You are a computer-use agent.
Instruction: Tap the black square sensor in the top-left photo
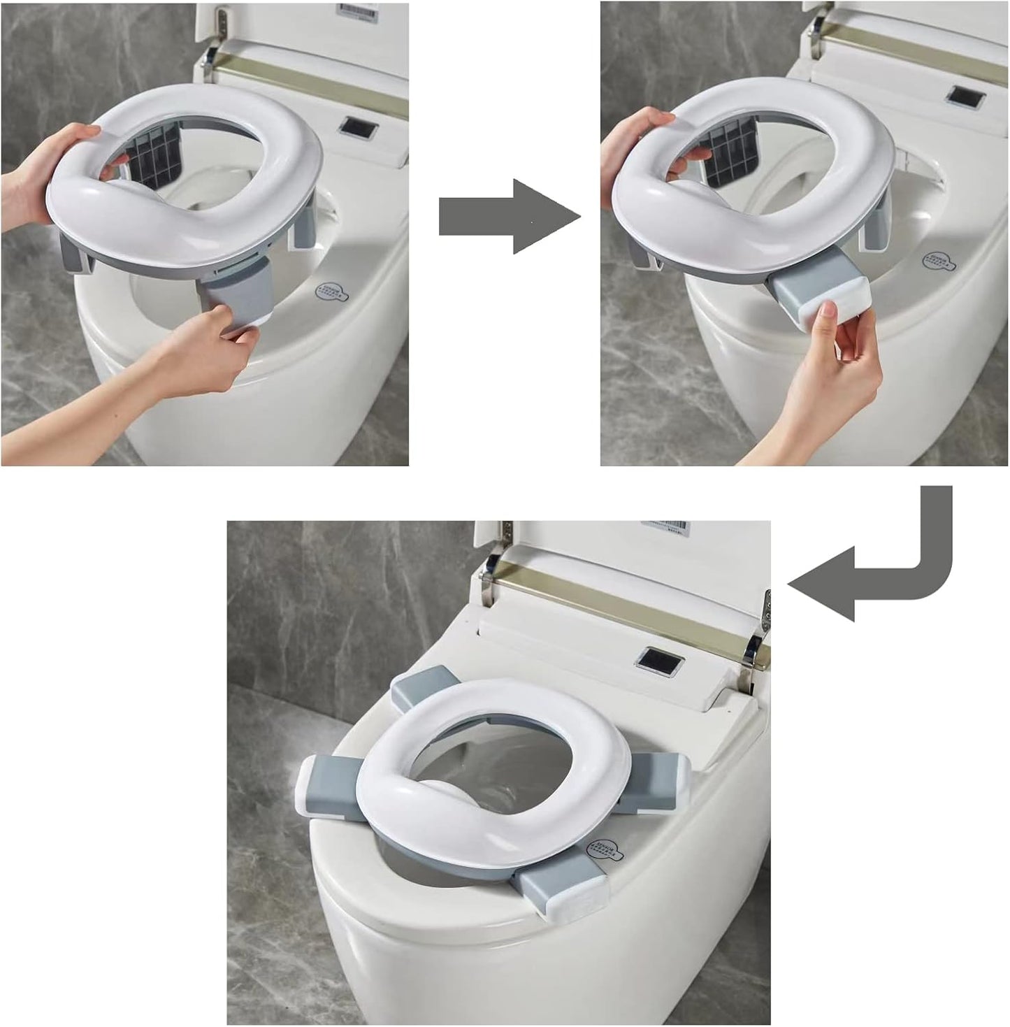coord(358,128)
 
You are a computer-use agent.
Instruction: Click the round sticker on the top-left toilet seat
coord(331,292)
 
